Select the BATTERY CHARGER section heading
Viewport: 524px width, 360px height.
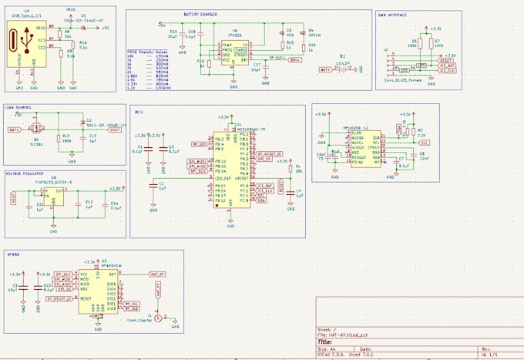click(x=204, y=14)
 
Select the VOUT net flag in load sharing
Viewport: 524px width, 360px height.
click(x=115, y=130)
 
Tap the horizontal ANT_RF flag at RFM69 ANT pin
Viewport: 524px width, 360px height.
click(x=156, y=274)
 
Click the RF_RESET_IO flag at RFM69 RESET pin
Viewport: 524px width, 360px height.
click(x=59, y=297)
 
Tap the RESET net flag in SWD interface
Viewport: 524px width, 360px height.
click(x=445, y=60)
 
